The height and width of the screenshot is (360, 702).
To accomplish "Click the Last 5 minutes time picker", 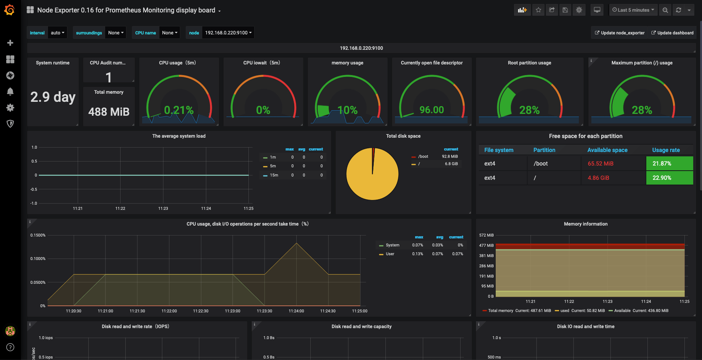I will pyautogui.click(x=633, y=10).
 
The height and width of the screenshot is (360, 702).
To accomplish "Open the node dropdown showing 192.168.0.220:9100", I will pyautogui.click(x=228, y=33).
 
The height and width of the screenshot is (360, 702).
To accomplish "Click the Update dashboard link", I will pyautogui.click(x=672, y=33).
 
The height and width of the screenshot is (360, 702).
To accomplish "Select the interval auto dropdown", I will pyautogui.click(x=58, y=33).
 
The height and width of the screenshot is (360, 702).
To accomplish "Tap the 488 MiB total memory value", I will pyautogui.click(x=109, y=112).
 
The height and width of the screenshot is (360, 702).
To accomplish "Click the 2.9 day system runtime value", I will pyautogui.click(x=53, y=97).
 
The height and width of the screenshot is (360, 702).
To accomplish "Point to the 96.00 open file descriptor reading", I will pyautogui.click(x=431, y=110).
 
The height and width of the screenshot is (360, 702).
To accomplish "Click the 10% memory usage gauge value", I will pyautogui.click(x=347, y=110).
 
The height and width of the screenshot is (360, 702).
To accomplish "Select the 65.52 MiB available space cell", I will pyautogui.click(x=600, y=164).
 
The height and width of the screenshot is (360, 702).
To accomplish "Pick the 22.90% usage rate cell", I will pyautogui.click(x=662, y=178).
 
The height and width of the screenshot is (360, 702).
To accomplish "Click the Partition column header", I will pyautogui.click(x=544, y=150).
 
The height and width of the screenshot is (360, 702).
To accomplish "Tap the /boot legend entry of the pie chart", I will pyautogui.click(x=423, y=156).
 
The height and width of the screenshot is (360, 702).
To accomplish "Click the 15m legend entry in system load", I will pyautogui.click(x=274, y=175).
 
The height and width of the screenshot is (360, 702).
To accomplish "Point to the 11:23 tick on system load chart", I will pyautogui.click(x=163, y=208).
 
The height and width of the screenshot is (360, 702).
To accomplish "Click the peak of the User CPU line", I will pyautogui.click(x=296, y=243).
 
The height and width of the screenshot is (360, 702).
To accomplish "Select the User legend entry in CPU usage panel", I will pyautogui.click(x=390, y=254).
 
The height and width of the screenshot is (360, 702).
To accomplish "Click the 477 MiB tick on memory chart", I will pyautogui.click(x=486, y=245).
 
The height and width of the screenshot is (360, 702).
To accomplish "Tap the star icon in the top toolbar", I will pyautogui.click(x=538, y=10).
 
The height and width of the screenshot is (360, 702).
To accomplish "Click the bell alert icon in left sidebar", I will pyautogui.click(x=10, y=92).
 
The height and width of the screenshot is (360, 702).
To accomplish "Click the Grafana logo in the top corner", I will pyautogui.click(x=10, y=10).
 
